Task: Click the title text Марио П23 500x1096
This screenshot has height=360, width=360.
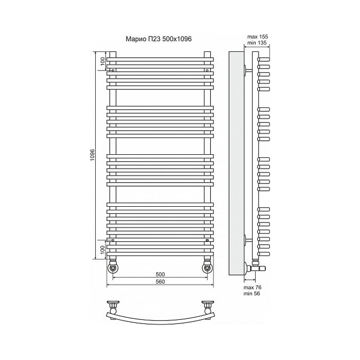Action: pyautogui.click(x=158, y=39)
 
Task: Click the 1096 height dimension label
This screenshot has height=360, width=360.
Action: pyautogui.click(x=92, y=155)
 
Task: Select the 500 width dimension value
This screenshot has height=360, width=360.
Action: pyautogui.click(x=160, y=274)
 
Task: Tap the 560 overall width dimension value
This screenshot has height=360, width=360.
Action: pyautogui.click(x=160, y=282)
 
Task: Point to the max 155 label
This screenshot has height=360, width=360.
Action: pyautogui.click(x=258, y=37)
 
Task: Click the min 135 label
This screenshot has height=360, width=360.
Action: pyautogui.click(x=258, y=43)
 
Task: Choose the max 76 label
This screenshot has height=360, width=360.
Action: pyautogui.click(x=253, y=287)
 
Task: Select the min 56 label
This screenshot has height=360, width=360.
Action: pyautogui.click(x=252, y=294)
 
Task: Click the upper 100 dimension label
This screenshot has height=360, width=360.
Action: pyautogui.click(x=103, y=61)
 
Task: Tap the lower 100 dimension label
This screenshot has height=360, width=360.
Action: pyautogui.click(x=103, y=249)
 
